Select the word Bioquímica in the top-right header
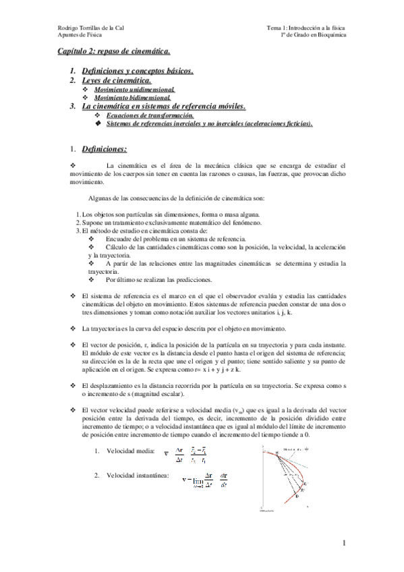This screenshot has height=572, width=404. pyautogui.click(x=329, y=35)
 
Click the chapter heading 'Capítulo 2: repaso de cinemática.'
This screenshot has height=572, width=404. pyautogui.click(x=113, y=51)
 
